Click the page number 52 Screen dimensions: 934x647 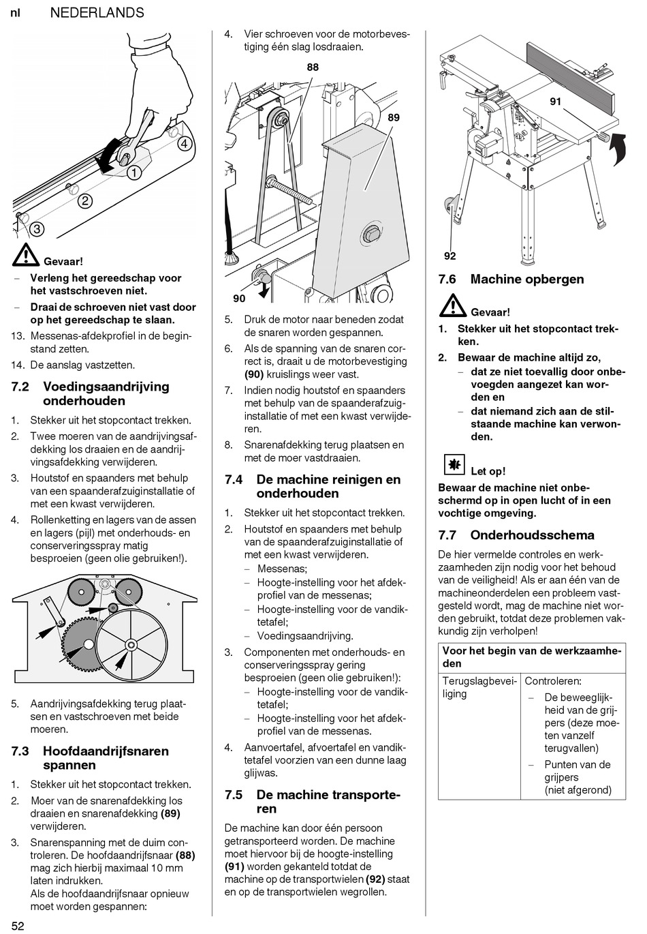pos(18,925)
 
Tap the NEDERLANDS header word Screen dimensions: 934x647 pos(97,12)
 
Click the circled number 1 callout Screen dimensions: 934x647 pos(134,172)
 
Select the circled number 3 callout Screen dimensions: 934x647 pos(36,229)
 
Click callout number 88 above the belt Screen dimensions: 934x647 pos(313,67)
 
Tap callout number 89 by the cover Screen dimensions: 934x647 pos(393,117)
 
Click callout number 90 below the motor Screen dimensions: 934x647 pos(238,299)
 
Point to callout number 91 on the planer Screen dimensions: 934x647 pos(555,102)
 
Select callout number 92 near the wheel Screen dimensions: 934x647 pos(449,256)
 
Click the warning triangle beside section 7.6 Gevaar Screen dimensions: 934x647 pos(452,307)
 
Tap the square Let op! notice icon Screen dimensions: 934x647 pos(452,466)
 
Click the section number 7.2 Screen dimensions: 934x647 pos(20,387)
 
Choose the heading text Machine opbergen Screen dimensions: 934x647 pos(526,279)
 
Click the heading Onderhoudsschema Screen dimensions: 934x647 pos(532,535)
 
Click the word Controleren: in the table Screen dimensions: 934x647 pos(552,681)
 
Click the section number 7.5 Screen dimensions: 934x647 pos(234,795)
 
